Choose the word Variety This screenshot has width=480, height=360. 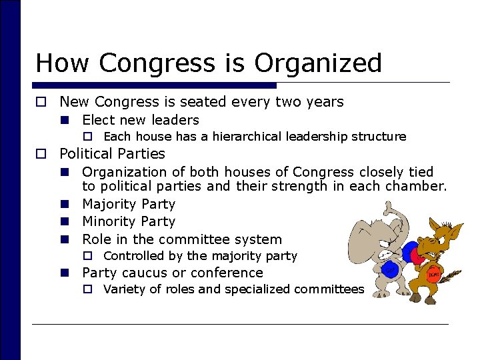tap(125, 289)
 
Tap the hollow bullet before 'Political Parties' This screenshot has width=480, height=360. tap(41, 154)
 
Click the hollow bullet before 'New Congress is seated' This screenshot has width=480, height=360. tap(41, 102)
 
